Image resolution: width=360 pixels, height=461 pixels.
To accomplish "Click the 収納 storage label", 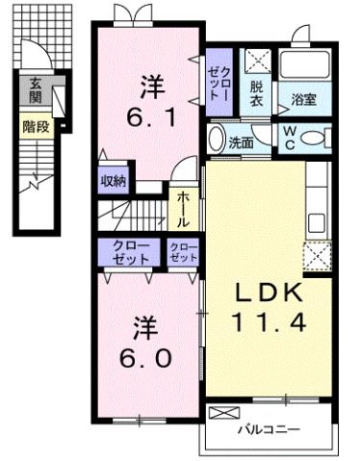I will click(112, 180).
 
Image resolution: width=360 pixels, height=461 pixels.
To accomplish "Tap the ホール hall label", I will click(183, 210).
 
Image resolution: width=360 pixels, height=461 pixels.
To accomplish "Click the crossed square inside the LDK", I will click(318, 256).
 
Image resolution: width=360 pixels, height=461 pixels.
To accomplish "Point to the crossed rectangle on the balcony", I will click(221, 413).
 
